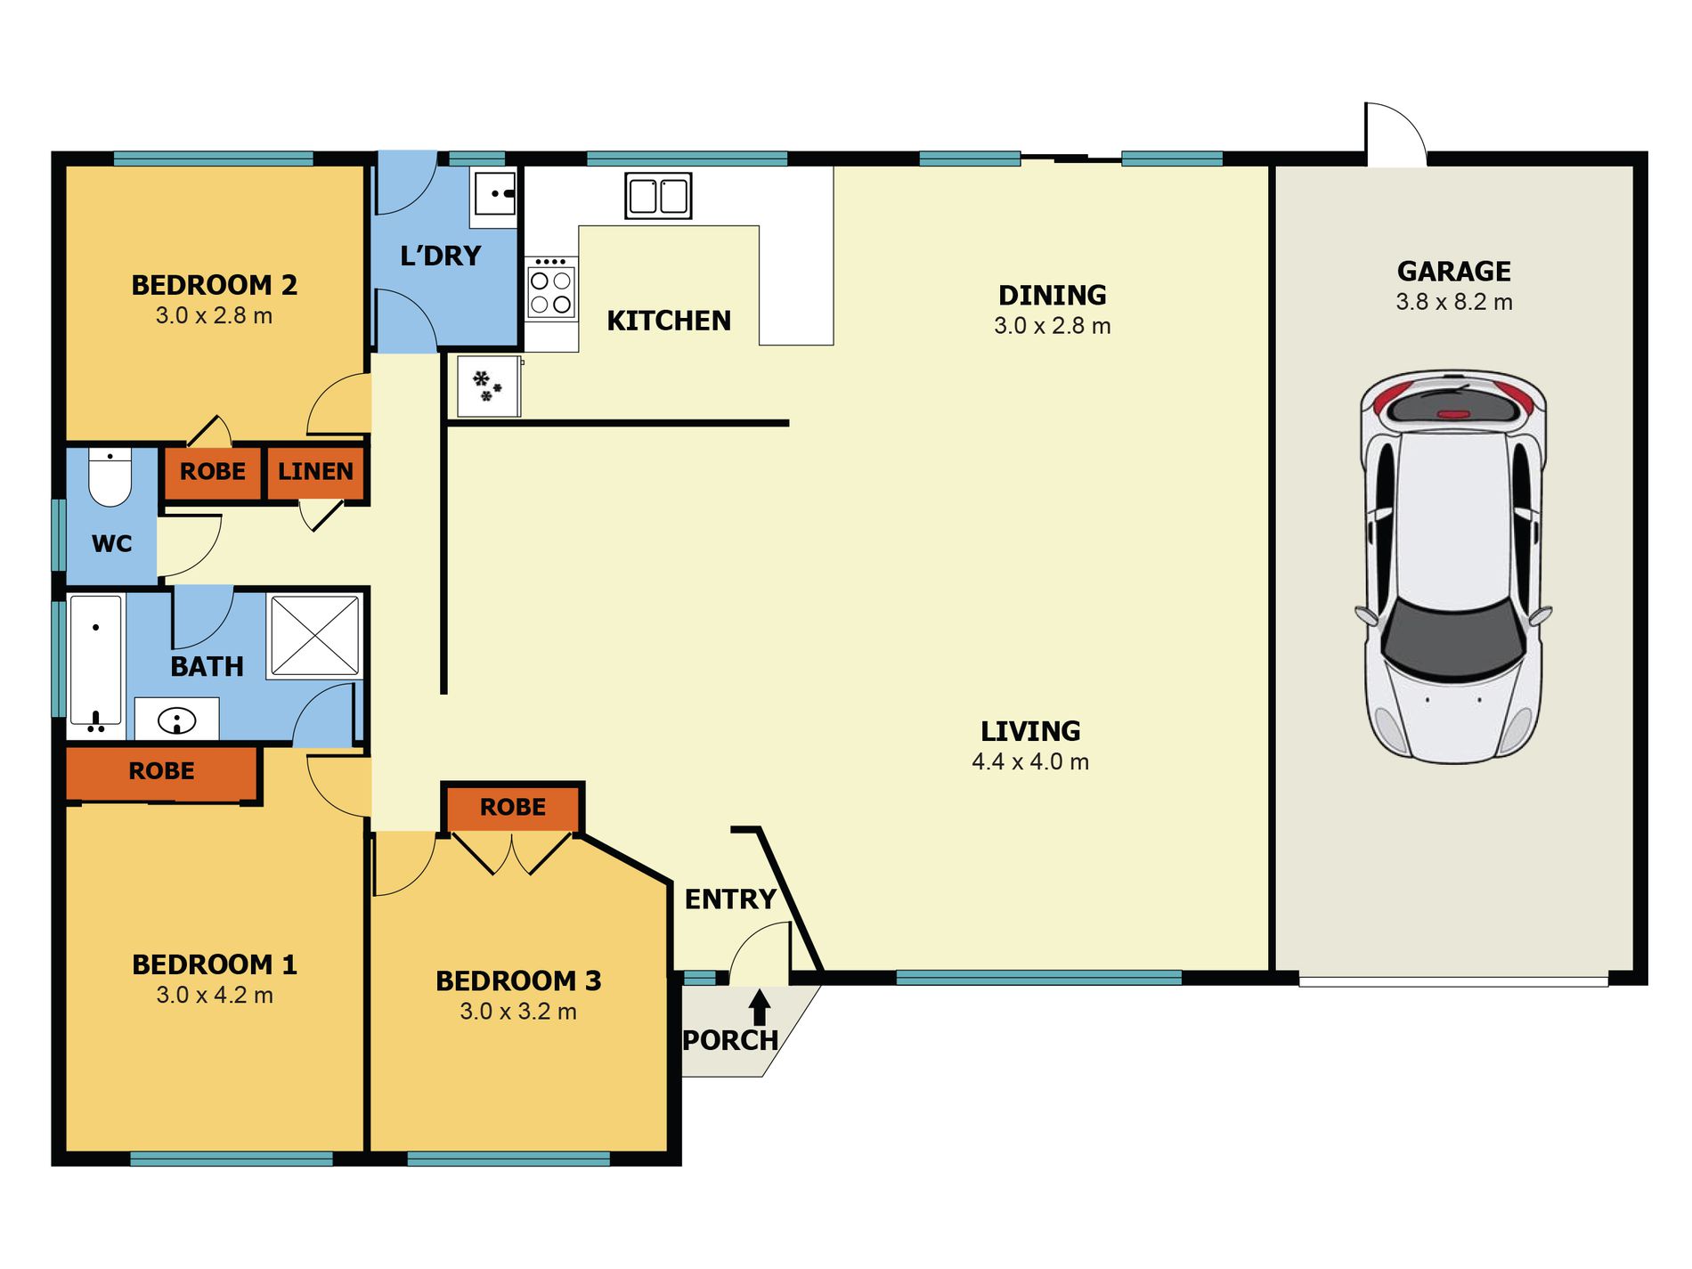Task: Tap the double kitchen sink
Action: point(658,196)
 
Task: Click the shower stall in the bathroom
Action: point(314,635)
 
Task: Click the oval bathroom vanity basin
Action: point(176,720)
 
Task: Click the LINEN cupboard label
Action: point(315,471)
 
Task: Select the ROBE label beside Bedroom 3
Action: point(513,807)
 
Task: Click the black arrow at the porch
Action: point(760,1007)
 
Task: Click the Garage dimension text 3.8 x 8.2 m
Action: point(1454,302)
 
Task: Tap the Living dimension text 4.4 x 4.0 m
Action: point(1030,761)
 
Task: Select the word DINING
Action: point(1053,295)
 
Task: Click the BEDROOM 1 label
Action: point(215,964)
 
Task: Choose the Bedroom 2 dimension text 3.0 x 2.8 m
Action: point(214,315)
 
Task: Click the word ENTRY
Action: point(730,899)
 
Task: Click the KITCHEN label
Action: point(669,321)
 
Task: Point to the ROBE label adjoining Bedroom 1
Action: point(161,771)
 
